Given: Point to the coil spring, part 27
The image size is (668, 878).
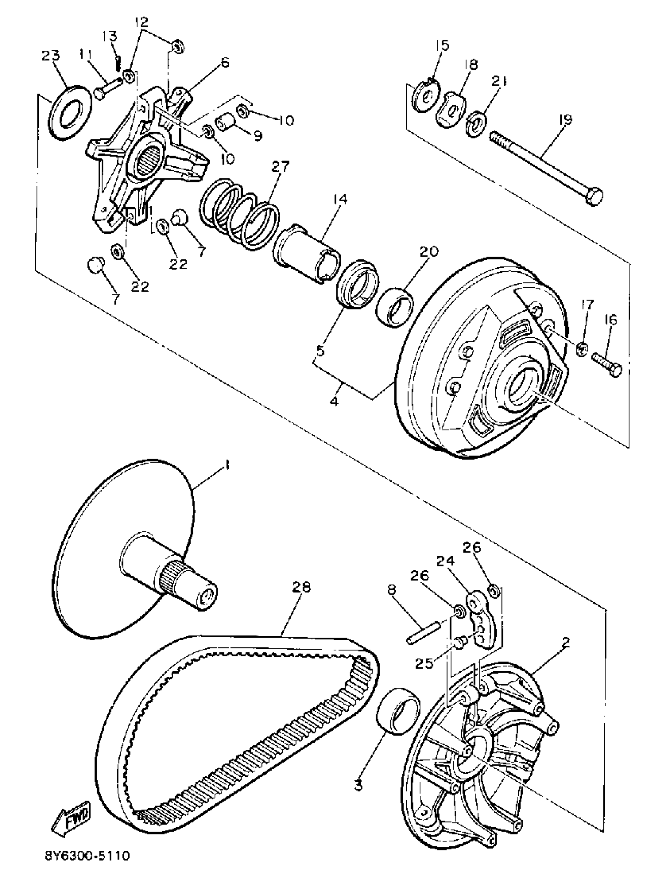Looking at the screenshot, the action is coord(239,215).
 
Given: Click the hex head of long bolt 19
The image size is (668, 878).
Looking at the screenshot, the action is coord(594,197).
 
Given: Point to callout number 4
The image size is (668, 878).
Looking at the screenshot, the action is coord(334,401).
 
